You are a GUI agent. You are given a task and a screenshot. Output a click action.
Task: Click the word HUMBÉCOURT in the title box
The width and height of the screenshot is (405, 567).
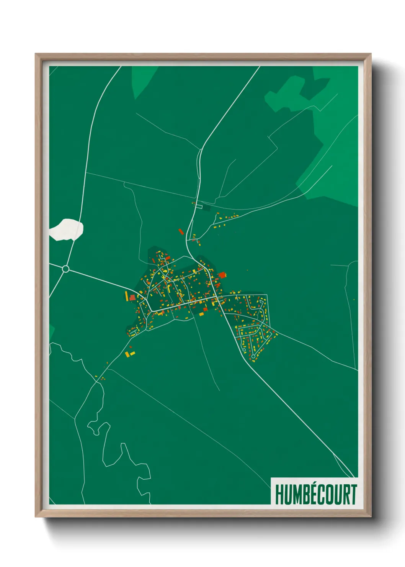(x=316, y=494)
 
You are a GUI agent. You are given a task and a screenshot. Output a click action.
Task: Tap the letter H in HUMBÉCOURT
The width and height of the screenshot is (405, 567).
(x=279, y=494)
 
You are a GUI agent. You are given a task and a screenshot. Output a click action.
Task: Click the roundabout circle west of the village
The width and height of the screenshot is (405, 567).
(x=65, y=269)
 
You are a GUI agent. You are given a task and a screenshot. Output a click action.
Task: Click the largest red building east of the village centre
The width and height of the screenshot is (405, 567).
(x=222, y=275)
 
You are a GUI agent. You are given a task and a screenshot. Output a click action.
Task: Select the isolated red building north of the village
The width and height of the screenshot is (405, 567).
(x=181, y=231)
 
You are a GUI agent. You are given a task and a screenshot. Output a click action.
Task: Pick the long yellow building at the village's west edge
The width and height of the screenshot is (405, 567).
(x=126, y=296)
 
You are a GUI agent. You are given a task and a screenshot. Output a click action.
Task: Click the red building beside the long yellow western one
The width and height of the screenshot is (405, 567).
(x=132, y=297)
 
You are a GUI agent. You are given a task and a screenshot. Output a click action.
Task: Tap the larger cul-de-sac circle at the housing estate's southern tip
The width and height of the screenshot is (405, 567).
(x=253, y=356)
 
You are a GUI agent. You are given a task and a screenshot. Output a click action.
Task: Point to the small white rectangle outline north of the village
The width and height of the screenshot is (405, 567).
(x=199, y=206)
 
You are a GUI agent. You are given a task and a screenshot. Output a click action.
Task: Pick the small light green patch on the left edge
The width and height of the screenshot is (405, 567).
(x=52, y=332)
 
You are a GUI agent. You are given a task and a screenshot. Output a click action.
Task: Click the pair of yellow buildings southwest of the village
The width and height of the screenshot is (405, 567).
(x=130, y=353)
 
